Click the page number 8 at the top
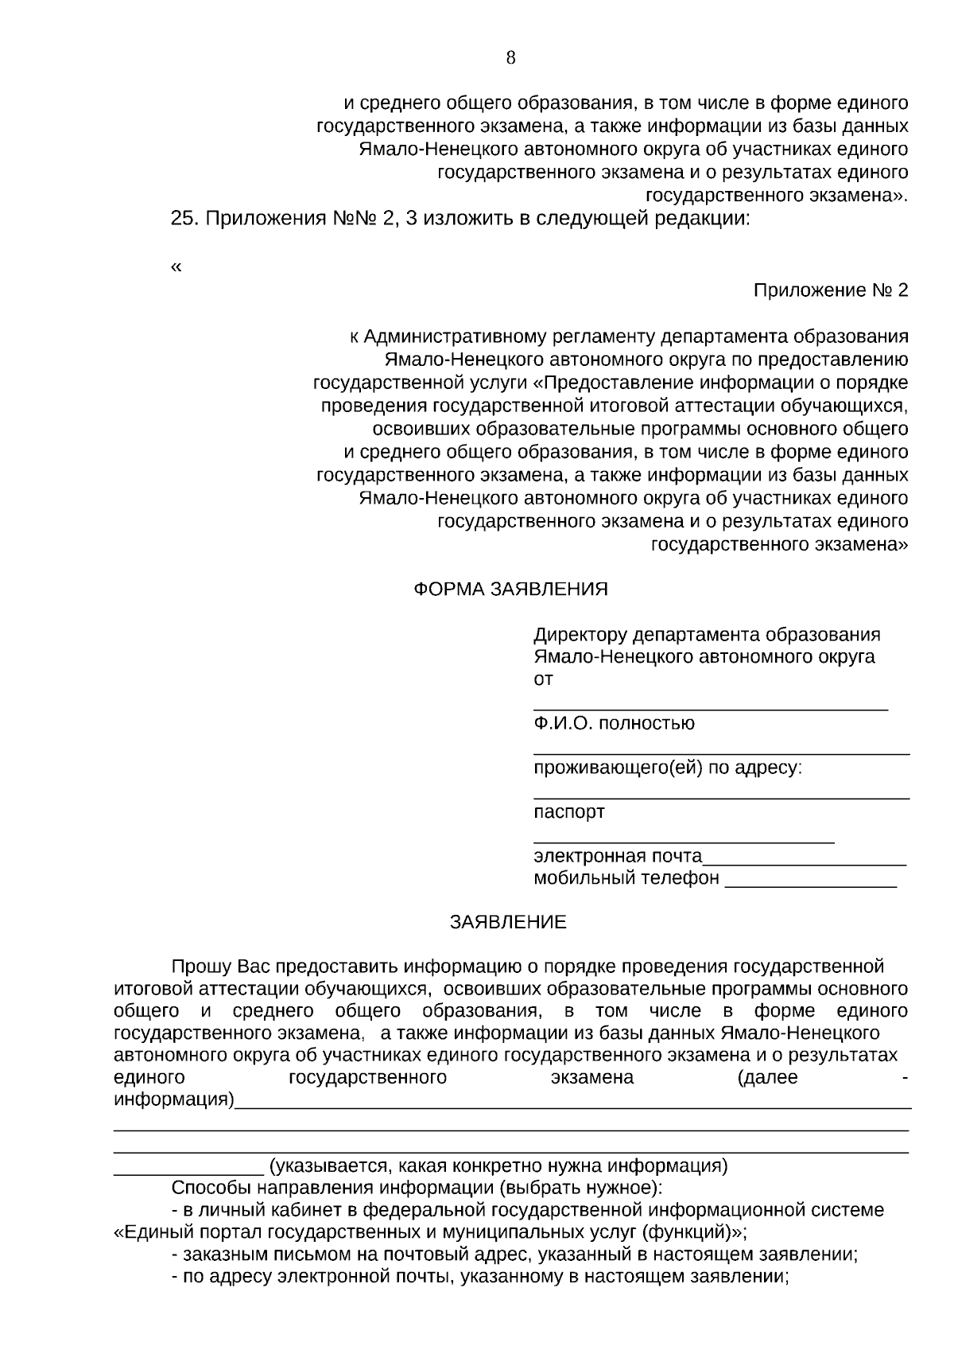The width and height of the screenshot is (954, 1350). [x=510, y=57]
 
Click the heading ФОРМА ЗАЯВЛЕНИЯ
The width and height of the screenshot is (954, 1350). [x=510, y=589]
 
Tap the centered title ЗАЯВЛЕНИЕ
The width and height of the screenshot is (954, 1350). [x=508, y=922]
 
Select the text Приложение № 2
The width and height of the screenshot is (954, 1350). [x=830, y=290]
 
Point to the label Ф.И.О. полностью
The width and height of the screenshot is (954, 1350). [x=614, y=724]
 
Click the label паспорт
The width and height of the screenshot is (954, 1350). [x=568, y=812]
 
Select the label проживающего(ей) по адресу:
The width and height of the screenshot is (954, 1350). [x=668, y=768]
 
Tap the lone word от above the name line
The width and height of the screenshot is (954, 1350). [x=543, y=679]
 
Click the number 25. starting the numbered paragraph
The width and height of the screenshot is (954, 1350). [x=185, y=219]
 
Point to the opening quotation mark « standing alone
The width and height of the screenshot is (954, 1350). [x=176, y=267]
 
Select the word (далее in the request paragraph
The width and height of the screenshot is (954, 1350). [x=767, y=1078]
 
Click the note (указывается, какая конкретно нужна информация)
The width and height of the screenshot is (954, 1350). [x=498, y=1166]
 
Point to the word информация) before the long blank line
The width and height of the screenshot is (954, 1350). [x=174, y=1100]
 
